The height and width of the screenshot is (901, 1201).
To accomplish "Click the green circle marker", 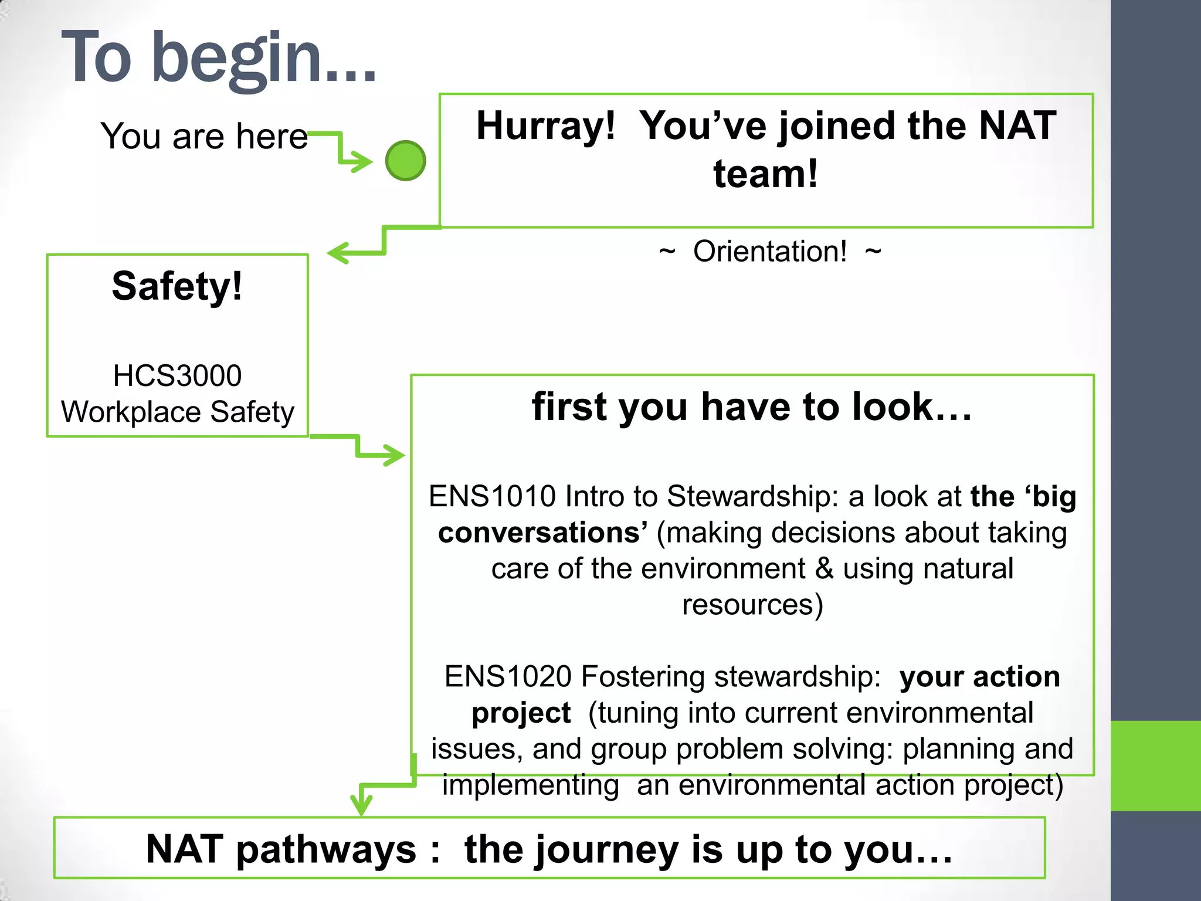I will [405, 160].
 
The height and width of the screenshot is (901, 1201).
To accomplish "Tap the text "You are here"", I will [203, 136].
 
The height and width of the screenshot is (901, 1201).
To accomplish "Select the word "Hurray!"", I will [545, 126].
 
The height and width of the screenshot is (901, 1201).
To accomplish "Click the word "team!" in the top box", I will [765, 174].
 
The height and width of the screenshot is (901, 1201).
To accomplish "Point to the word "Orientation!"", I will [769, 252].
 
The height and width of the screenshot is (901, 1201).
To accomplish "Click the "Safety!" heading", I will [177, 286].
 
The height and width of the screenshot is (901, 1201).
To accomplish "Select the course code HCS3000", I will [177, 375].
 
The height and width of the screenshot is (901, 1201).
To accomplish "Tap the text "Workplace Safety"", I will [177, 412].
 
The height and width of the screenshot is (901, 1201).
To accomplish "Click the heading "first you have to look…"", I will [752, 407].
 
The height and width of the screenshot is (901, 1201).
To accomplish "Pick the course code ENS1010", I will [491, 496].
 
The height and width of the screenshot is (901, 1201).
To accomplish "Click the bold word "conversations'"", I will [542, 533].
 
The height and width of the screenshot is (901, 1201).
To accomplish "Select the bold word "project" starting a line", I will [521, 713].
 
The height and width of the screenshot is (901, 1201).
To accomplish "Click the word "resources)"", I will [752, 605].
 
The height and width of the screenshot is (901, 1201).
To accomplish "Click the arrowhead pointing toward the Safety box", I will [337, 253].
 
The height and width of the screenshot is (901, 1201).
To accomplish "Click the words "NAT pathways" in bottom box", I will [281, 849].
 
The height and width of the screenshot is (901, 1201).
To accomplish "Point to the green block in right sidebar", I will [1155, 765].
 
